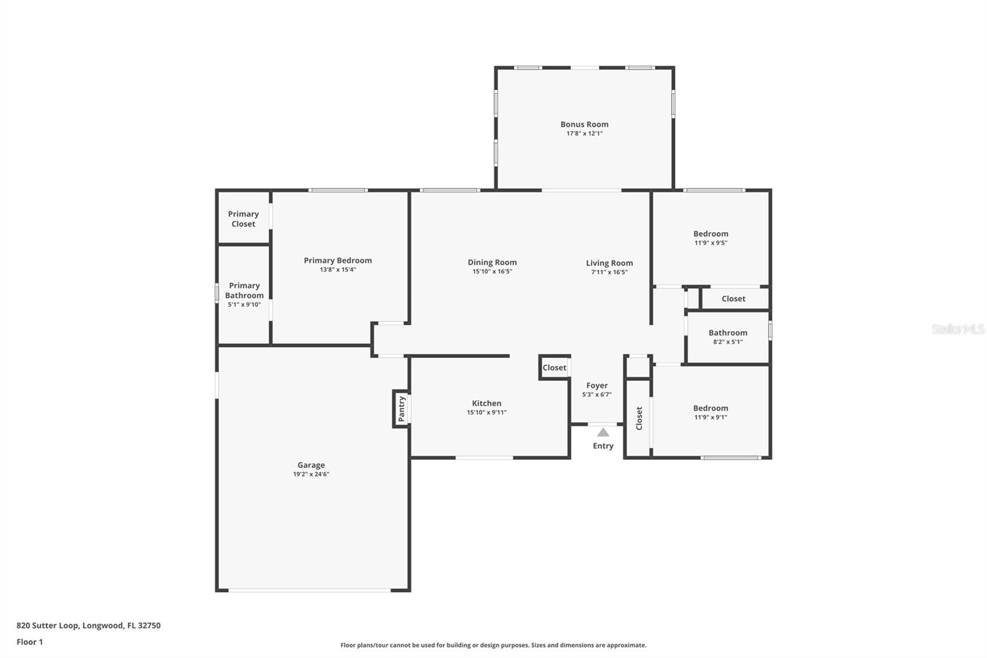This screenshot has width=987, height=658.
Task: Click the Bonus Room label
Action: pyautogui.click(x=584, y=124)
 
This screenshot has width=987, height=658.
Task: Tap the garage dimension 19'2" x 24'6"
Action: pyautogui.click(x=311, y=474)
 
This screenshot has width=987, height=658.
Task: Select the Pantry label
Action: pyautogui.click(x=402, y=409)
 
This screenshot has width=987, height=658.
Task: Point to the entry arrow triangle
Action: pyautogui.click(x=603, y=432)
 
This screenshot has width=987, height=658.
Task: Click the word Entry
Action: pyautogui.click(x=603, y=446)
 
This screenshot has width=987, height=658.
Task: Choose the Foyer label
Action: pyautogui.click(x=597, y=385)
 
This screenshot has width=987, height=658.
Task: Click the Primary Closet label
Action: pyautogui.click(x=243, y=219)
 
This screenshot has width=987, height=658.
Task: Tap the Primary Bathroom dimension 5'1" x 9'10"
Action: pyautogui.click(x=244, y=304)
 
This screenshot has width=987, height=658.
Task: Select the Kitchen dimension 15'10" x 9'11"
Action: pyautogui.click(x=487, y=412)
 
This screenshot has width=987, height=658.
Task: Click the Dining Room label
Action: pyautogui.click(x=492, y=262)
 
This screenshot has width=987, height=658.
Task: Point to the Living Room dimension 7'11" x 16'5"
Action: pyautogui.click(x=609, y=272)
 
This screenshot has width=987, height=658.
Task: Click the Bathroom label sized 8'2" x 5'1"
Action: pyautogui.click(x=728, y=333)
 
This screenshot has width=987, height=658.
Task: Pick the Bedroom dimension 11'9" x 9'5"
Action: pyautogui.click(x=711, y=243)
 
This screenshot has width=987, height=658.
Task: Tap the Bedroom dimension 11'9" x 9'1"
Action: pyautogui.click(x=711, y=417)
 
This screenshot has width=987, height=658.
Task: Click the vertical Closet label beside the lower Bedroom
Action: pyautogui.click(x=639, y=418)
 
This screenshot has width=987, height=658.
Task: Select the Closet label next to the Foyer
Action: pyautogui.click(x=554, y=368)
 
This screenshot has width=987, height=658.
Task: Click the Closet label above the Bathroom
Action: pyautogui.click(x=733, y=299)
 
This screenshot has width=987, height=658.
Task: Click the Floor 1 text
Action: pyautogui.click(x=30, y=642)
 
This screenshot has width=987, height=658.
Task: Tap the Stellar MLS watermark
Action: pyautogui.click(x=958, y=329)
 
